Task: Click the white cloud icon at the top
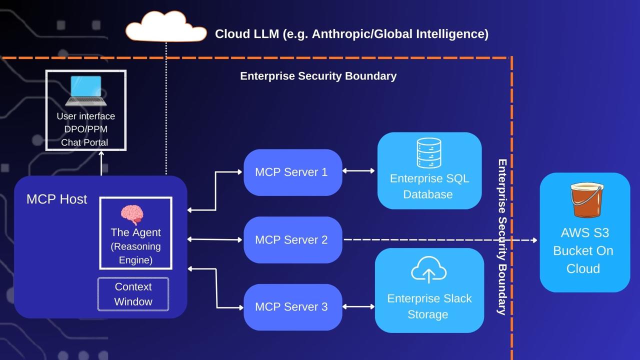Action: point(166,28)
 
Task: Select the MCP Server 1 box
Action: point(292,172)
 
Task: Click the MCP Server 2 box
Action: point(292,240)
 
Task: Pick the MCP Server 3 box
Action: point(292,307)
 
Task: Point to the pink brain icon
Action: point(132,214)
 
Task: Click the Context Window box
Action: point(133,294)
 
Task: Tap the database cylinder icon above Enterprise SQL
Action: point(428,153)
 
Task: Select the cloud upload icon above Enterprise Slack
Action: point(428,270)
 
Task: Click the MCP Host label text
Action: point(56,199)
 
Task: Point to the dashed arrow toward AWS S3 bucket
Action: point(440,240)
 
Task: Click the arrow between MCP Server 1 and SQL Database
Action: point(358,171)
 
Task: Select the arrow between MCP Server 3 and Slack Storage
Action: point(358,306)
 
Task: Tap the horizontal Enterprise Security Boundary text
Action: point(318,76)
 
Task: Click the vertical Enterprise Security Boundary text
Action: point(502,237)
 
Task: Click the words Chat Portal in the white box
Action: point(84,142)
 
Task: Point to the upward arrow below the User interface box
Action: point(101,162)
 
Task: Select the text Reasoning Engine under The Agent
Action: point(135,253)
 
